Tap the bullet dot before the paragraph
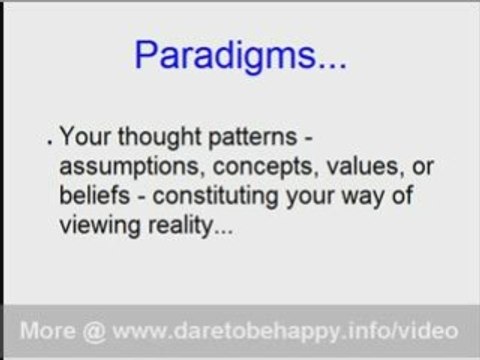point(50,143)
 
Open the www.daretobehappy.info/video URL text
point(285,330)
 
